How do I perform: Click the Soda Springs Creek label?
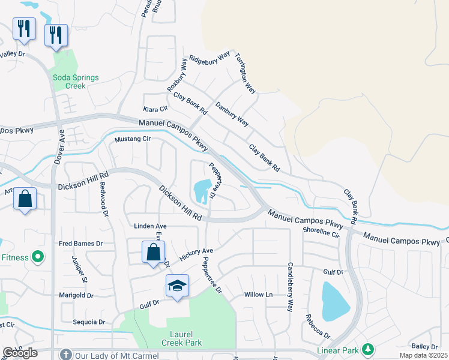point(76,82)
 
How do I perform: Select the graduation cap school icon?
point(177,287)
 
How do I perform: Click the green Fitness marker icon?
point(38,257)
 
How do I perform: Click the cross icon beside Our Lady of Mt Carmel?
point(66,354)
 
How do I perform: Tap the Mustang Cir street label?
point(133,139)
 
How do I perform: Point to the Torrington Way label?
point(245,73)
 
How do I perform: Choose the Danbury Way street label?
point(232,113)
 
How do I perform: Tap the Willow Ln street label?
point(258,295)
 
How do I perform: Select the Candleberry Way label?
point(289,287)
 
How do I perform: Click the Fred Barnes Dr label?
point(81,244)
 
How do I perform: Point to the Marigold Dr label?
point(76,295)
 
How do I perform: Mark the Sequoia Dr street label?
point(89,322)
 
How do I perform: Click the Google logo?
point(20,353)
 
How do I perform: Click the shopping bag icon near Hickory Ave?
point(153,252)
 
